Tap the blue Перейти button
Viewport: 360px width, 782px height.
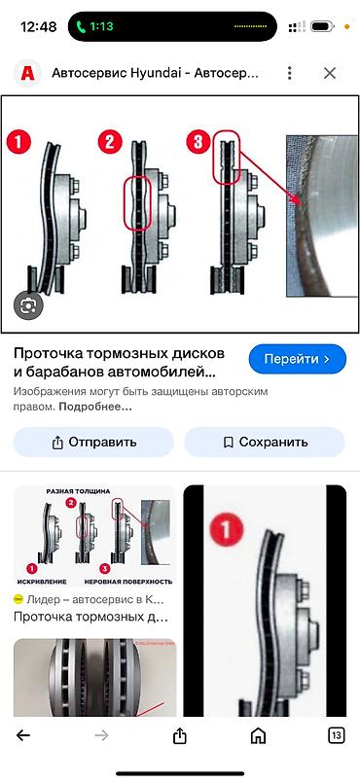pos(298,359)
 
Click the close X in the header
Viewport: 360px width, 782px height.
pos(330,73)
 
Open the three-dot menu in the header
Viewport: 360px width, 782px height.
pos(289,73)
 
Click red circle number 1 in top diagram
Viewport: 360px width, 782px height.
pos(19,143)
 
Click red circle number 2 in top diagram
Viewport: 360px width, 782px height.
pos(110,144)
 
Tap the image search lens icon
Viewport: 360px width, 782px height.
pos(28,305)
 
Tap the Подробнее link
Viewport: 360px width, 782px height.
pos(100,406)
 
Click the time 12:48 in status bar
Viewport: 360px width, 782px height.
pos(38,27)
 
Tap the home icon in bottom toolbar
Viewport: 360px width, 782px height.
pos(258,735)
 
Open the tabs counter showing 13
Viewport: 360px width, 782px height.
pos(336,735)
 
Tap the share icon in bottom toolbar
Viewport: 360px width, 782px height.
pos(180,735)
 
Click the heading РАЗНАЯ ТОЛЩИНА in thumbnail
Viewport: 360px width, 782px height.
pos(75,492)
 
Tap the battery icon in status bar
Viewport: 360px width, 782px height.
pos(329,27)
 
